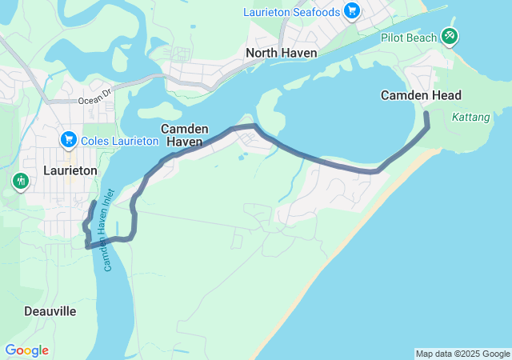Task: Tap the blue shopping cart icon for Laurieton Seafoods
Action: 351,10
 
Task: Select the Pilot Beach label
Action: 409,37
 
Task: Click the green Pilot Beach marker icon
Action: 450,36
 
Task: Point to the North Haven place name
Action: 282,53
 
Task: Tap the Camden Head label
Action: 421,95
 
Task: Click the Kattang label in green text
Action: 470,117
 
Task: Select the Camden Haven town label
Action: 185,135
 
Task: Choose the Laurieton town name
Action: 70,170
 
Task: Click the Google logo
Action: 26,350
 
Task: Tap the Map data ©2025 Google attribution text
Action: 462,354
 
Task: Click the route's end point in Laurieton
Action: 94,203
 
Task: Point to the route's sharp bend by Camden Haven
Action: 255,126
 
